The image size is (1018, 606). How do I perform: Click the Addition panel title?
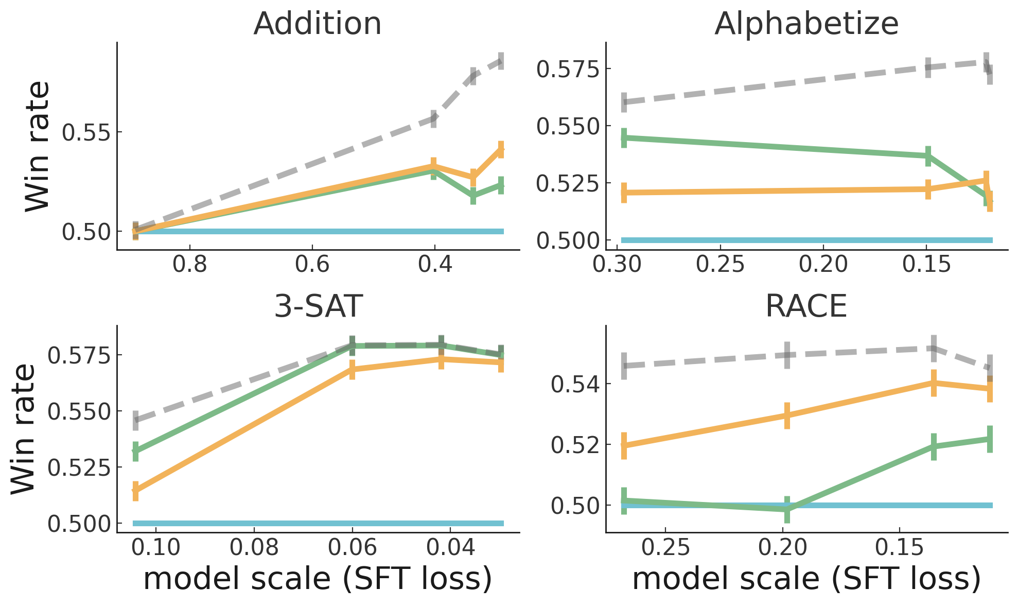(x=318, y=24)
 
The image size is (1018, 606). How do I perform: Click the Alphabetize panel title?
(x=806, y=24)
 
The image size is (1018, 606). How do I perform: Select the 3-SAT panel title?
(x=319, y=306)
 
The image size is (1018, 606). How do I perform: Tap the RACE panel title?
(x=806, y=306)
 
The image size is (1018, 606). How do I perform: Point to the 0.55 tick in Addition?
(x=86, y=132)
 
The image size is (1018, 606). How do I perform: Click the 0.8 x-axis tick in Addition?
(x=190, y=264)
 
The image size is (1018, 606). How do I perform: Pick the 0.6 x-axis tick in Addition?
(x=312, y=264)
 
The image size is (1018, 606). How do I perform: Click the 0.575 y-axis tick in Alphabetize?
(x=568, y=68)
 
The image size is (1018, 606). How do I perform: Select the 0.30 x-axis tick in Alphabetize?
(x=617, y=264)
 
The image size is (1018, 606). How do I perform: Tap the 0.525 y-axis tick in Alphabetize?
(x=568, y=183)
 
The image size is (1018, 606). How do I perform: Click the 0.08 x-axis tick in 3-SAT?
(x=254, y=547)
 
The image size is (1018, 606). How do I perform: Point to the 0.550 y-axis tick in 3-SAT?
(x=79, y=412)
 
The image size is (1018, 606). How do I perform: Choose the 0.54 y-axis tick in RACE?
(x=575, y=385)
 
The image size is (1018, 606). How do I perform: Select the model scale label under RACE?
(x=806, y=579)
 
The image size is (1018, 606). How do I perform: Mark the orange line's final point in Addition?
(x=501, y=149)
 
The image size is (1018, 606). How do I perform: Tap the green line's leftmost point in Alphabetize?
(x=624, y=137)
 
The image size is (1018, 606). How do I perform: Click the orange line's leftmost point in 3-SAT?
(x=135, y=491)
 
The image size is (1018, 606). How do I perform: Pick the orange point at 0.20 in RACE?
(x=787, y=415)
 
